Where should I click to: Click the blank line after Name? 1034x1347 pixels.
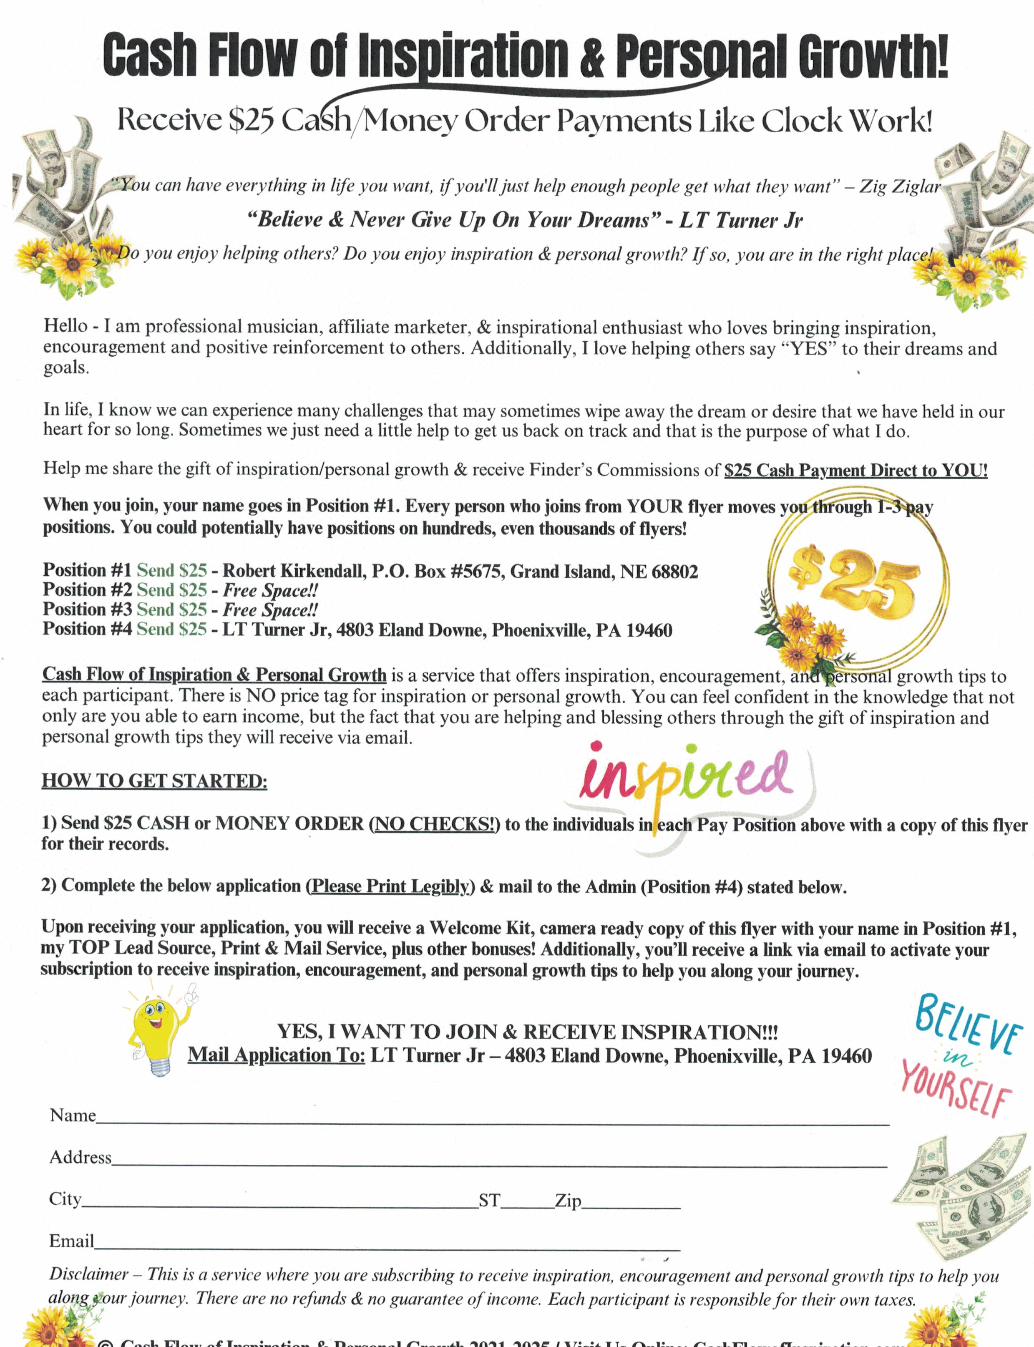492,1119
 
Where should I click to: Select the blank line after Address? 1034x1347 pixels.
498,1161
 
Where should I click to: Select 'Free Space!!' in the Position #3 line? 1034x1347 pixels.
270,610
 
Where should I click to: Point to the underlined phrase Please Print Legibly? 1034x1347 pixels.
390,886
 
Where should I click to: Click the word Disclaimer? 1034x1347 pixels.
88,1274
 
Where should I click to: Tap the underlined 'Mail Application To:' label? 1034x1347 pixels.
277,1055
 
